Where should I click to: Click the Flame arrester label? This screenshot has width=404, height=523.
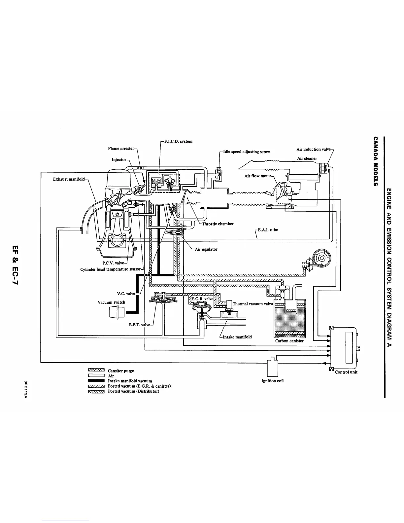[x=121, y=149]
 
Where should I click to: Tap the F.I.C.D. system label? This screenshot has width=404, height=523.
[x=178, y=141]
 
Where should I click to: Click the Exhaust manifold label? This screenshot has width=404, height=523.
[x=69, y=179]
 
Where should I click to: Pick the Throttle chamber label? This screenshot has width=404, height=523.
[x=218, y=224]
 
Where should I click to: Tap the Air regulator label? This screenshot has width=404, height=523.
[x=206, y=249]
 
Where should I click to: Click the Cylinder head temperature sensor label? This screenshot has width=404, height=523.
[x=111, y=269]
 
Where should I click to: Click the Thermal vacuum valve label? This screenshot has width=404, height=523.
[x=253, y=304]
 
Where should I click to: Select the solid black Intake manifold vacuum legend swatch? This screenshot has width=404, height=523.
[x=96, y=381]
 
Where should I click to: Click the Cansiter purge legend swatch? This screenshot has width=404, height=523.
[x=96, y=370]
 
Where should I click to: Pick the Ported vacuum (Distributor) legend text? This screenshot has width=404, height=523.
[x=134, y=392]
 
